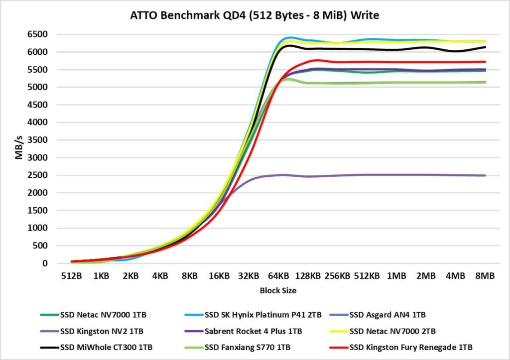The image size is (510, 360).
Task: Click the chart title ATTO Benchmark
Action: (255, 15)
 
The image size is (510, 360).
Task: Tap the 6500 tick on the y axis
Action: (38, 34)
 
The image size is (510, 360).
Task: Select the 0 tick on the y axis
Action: (44, 263)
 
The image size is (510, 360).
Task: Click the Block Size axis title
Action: (278, 290)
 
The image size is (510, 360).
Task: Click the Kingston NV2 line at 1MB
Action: (396, 175)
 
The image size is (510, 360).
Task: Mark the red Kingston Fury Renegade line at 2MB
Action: (426, 62)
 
